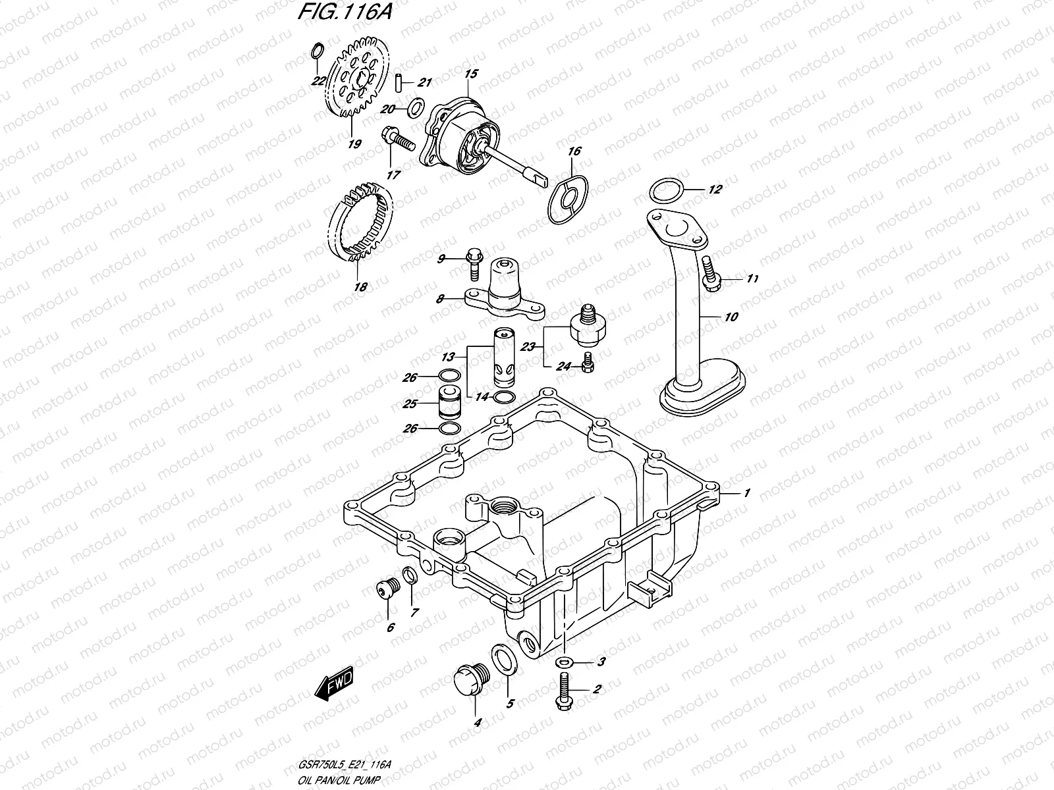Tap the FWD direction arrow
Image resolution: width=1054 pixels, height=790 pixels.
coord(335,684)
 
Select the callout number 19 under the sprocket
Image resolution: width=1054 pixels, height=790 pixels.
coord(354,144)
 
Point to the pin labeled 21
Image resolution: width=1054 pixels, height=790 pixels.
coord(399,82)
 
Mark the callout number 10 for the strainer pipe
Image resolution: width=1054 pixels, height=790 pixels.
coord(731,317)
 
